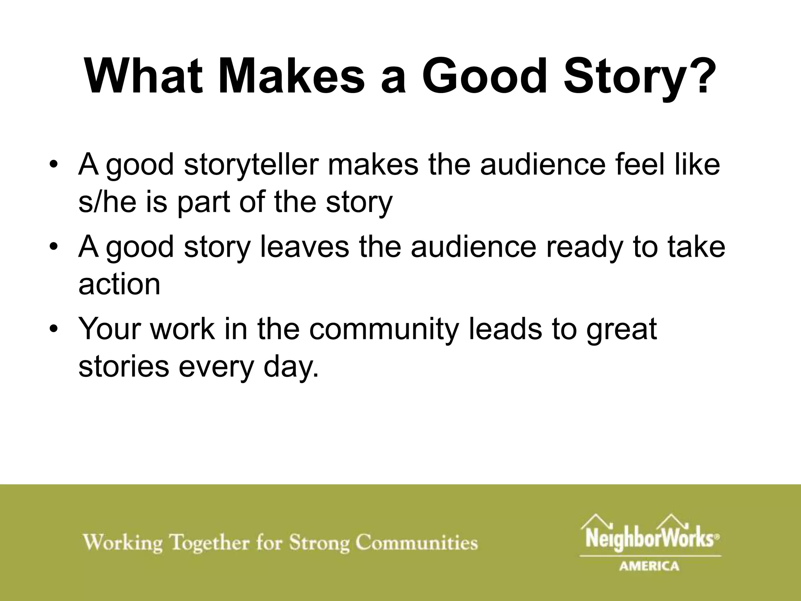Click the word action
[x=119, y=284]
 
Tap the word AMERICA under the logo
[x=649, y=566]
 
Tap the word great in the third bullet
[x=621, y=329]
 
